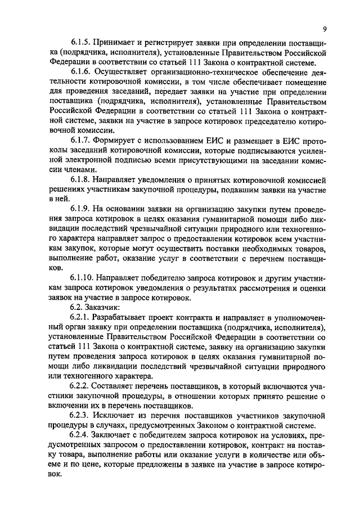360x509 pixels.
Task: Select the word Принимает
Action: pyautogui.click(x=115, y=43)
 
